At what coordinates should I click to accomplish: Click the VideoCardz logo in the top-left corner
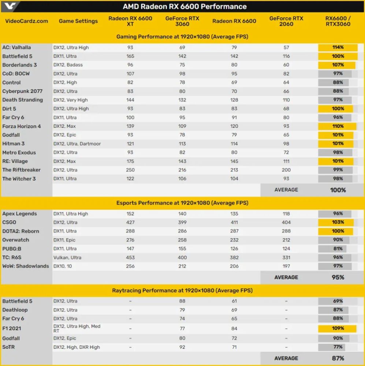10,6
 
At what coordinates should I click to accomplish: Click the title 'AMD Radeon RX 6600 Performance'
185,7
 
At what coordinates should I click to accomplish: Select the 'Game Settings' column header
78,21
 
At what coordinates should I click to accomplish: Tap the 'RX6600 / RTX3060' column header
338,21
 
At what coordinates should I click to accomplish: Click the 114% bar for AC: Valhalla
338,48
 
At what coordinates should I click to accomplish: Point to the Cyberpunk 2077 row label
22,91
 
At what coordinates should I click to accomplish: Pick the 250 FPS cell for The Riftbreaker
130,170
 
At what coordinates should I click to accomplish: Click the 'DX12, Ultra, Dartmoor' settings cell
77,144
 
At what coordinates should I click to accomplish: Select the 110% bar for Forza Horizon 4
337,126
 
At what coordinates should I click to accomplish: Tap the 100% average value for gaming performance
338,190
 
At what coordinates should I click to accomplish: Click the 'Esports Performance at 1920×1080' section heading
182,203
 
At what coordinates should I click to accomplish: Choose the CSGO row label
10,222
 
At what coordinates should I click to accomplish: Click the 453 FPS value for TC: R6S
130,257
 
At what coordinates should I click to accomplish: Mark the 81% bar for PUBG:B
337,249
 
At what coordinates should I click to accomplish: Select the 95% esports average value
338,277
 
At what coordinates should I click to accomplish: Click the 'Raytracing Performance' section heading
182,291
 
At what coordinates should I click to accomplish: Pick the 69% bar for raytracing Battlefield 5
337,301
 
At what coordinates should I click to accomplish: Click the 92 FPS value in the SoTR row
182,347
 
